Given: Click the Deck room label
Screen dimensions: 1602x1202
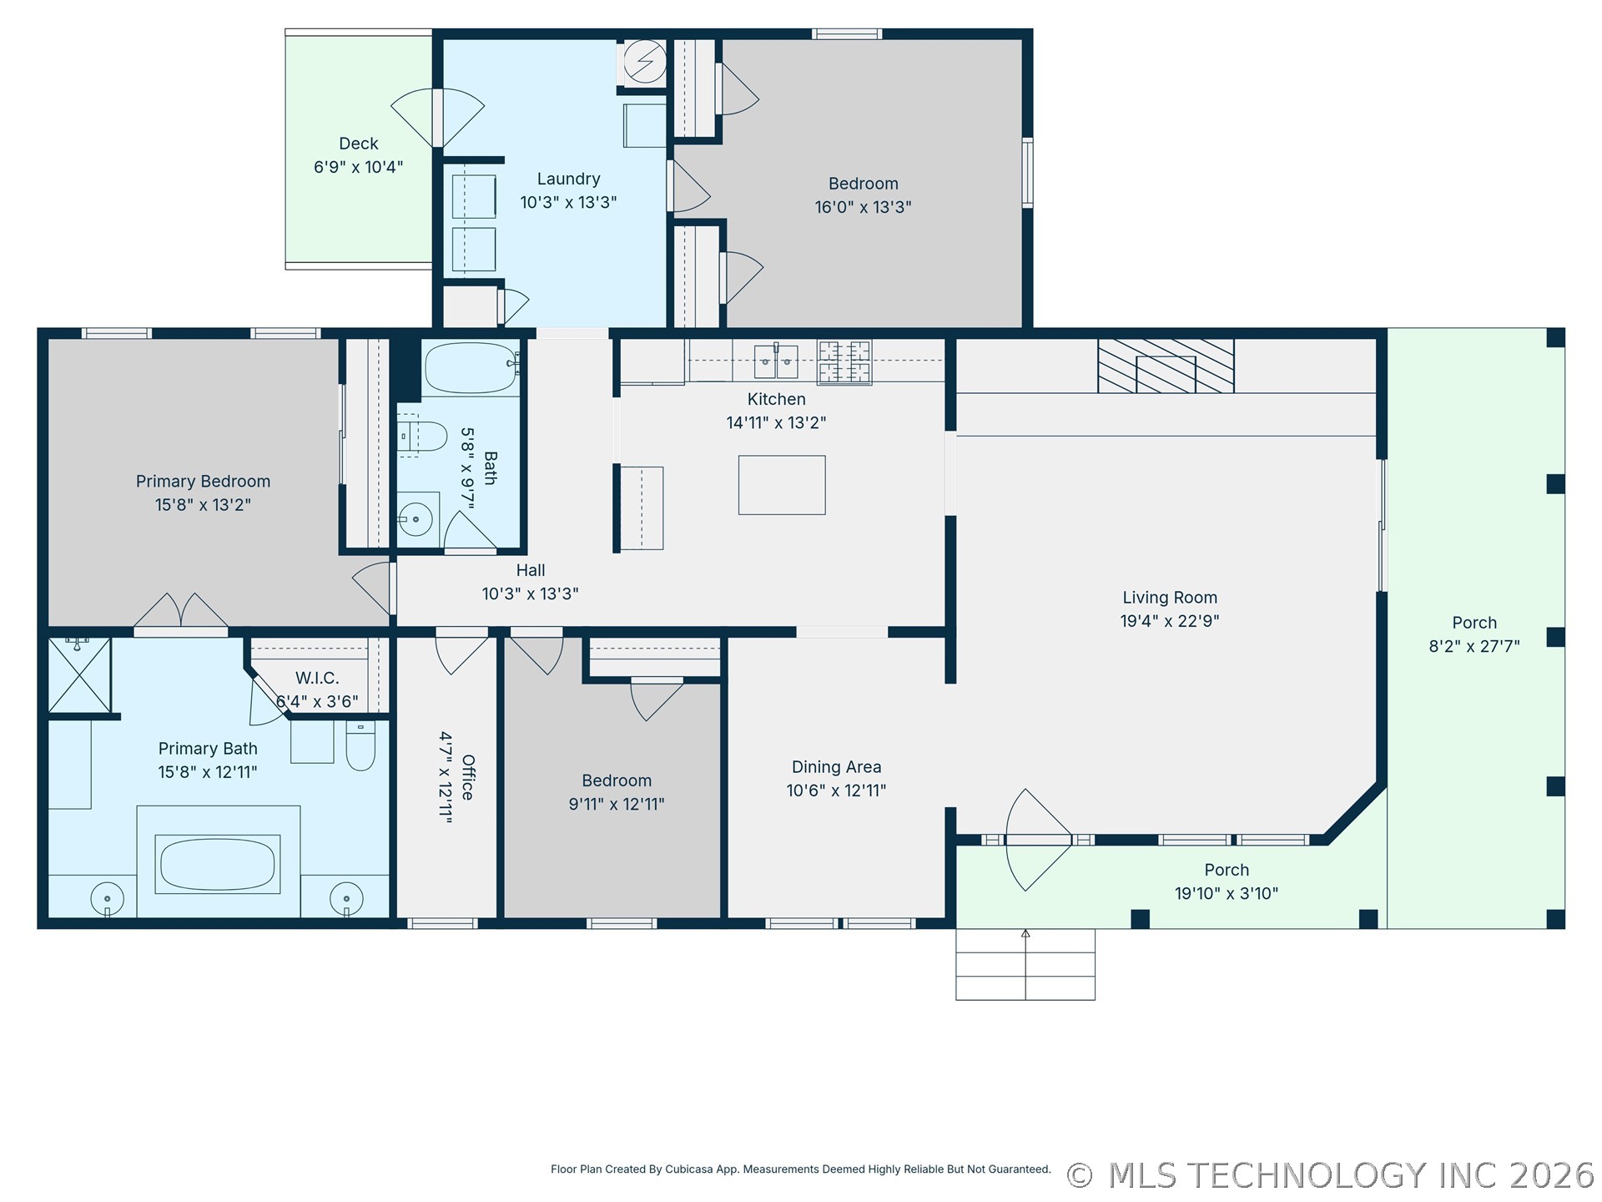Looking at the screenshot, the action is [359, 144].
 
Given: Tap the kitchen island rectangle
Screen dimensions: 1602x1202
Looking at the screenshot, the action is [782, 485].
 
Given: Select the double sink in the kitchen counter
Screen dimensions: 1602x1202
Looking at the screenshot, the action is [776, 361].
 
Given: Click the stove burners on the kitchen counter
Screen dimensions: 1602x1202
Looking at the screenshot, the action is [844, 361].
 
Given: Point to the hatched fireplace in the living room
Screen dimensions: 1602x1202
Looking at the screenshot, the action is [1166, 366].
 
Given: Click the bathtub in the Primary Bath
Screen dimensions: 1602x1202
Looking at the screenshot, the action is [218, 864].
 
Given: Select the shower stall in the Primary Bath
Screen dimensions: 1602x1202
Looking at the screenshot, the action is [79, 675].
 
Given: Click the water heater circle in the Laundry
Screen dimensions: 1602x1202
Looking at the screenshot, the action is [646, 61].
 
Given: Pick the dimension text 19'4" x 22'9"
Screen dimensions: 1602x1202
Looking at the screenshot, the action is [1170, 621].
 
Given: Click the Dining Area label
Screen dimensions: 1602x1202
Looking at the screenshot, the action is [836, 767].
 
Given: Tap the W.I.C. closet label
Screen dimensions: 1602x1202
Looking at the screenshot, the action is [317, 679].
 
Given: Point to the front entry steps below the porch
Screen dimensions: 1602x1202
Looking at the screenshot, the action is [1025, 964].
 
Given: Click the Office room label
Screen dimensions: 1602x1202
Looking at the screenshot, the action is [468, 777].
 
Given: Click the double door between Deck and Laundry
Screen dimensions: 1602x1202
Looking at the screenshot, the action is [438, 118].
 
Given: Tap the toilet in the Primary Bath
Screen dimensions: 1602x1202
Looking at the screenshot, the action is [360, 745].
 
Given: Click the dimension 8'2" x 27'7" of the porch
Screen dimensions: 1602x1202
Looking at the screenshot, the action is [1474, 646].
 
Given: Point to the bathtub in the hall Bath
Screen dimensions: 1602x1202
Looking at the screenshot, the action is [471, 367].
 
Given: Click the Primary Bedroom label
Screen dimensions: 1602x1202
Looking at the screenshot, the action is [203, 482].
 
